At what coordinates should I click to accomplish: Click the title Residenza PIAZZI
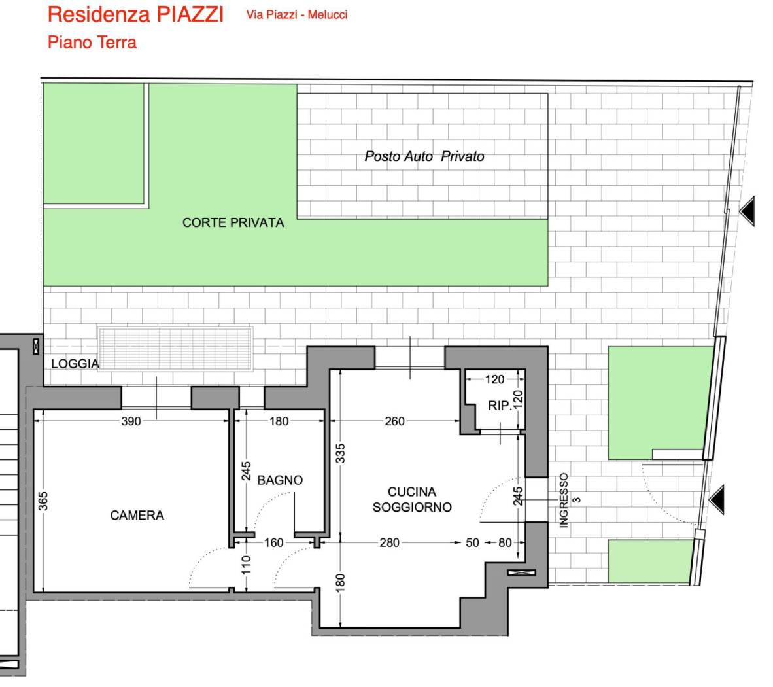pyautogui.click(x=135, y=14)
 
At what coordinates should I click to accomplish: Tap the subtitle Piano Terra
pyautogui.click(x=92, y=43)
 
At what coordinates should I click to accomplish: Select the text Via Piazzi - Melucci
pyautogui.click(x=297, y=15)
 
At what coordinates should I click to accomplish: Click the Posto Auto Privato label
pyautogui.click(x=424, y=156)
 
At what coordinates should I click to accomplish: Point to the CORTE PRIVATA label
pyautogui.click(x=233, y=222)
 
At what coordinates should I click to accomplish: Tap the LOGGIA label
pyautogui.click(x=75, y=364)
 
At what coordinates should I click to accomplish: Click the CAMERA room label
pyautogui.click(x=137, y=516)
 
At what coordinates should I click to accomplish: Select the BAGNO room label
pyautogui.click(x=280, y=480)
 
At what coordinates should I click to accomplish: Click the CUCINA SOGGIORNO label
pyautogui.click(x=412, y=500)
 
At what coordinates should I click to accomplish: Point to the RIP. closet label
pyautogui.click(x=500, y=406)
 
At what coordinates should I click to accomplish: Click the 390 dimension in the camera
pyautogui.click(x=131, y=421)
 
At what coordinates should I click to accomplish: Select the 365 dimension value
pyautogui.click(x=43, y=501)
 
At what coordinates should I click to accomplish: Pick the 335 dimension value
pyautogui.click(x=340, y=453)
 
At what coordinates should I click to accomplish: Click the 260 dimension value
pyautogui.click(x=394, y=421)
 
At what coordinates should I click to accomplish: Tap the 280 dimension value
pyautogui.click(x=390, y=542)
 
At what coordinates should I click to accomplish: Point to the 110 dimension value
pyautogui.click(x=247, y=565)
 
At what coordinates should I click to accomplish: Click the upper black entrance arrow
pyautogui.click(x=747, y=211)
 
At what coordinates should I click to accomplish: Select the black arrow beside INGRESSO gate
pyautogui.click(x=717, y=500)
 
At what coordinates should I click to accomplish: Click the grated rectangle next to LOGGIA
pyautogui.click(x=175, y=349)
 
